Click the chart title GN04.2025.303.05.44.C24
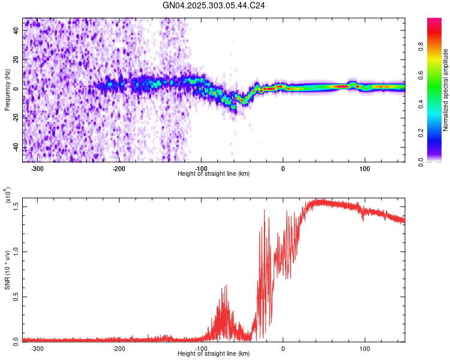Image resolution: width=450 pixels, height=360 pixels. click(214, 5)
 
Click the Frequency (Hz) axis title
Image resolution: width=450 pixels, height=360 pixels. click(7, 89)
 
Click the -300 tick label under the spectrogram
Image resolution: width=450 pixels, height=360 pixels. click(37, 169)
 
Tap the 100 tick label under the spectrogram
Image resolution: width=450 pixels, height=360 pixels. click(364, 169)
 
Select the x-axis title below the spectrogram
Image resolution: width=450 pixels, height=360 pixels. click(214, 174)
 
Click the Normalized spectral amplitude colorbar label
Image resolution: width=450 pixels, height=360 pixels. click(446, 91)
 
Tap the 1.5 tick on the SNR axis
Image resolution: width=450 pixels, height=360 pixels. click(16, 206)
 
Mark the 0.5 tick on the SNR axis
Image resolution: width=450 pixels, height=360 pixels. click(16, 296)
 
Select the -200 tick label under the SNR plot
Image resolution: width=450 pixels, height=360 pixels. click(119, 348)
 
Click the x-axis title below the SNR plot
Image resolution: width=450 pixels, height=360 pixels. click(214, 354)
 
